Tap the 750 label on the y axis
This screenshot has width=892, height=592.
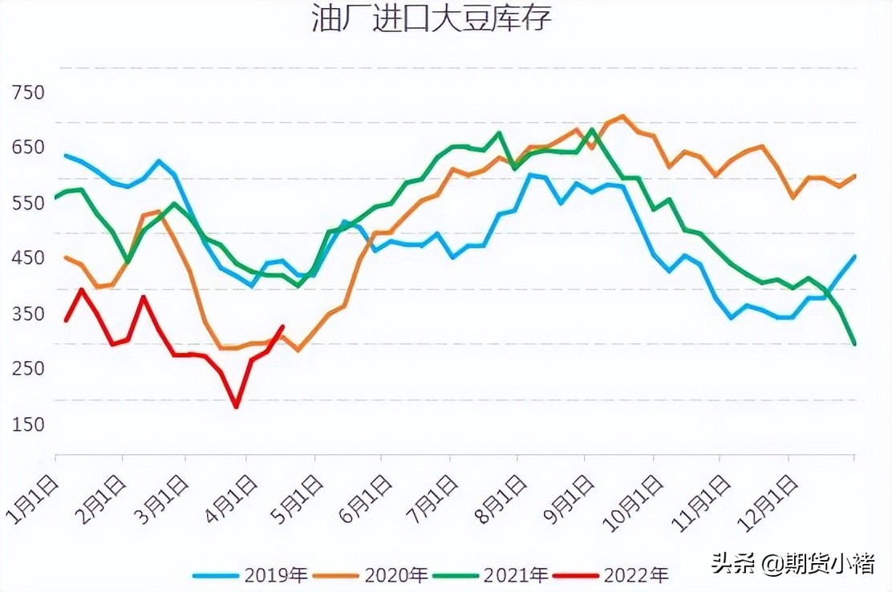pyautogui.click(x=28, y=92)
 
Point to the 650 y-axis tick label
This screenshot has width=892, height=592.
pyautogui.click(x=28, y=148)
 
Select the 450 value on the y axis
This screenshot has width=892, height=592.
pyautogui.click(x=28, y=258)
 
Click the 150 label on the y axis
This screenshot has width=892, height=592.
pyautogui.click(x=28, y=424)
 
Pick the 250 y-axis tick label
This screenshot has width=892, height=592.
pyautogui.click(x=28, y=369)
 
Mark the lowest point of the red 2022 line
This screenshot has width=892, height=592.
pyautogui.click(x=236, y=407)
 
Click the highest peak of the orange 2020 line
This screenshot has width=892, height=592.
pyautogui.click(x=622, y=116)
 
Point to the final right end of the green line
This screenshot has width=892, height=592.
pyautogui.click(x=854, y=344)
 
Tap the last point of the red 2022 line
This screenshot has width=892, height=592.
pyautogui.click(x=282, y=326)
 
